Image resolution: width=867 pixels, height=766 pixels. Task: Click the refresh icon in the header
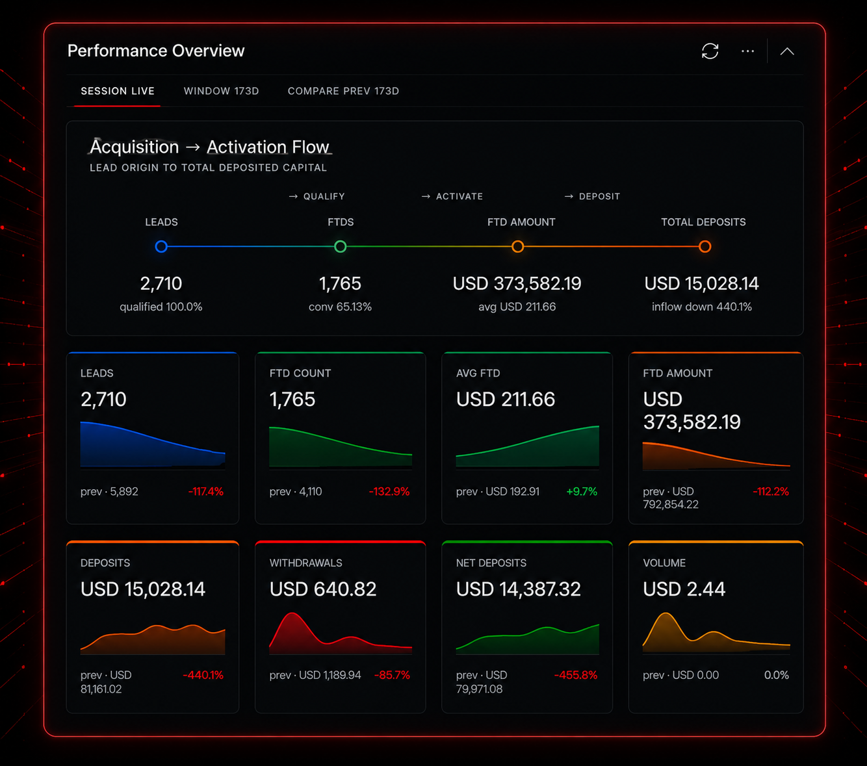(710, 51)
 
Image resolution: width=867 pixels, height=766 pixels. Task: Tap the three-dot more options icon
(747, 51)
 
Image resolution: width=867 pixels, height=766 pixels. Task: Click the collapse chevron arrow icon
(787, 52)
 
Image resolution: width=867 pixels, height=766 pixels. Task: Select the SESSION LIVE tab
(118, 91)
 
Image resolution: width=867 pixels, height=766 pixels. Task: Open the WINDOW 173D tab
(221, 91)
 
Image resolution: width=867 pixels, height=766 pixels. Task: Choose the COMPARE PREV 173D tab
(343, 91)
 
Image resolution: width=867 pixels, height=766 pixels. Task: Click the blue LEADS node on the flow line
(161, 246)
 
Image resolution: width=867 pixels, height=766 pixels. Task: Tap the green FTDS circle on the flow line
(340, 246)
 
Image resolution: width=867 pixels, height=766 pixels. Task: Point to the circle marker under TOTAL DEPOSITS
(705, 246)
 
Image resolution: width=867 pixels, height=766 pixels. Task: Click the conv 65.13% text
(340, 307)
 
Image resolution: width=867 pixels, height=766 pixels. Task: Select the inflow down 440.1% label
(702, 307)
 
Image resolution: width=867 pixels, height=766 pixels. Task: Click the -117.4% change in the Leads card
(206, 491)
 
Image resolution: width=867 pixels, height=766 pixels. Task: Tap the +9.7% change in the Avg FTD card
(582, 491)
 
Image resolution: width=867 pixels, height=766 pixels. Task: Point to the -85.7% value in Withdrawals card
(392, 675)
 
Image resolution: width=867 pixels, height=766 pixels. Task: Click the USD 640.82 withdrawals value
(323, 589)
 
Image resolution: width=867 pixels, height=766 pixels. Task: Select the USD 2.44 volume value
(684, 589)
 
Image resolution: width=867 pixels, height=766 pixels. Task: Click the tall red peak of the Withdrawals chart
(292, 615)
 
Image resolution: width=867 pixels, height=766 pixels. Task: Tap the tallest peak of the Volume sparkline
(666, 615)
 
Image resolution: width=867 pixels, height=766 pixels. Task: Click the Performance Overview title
(156, 51)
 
